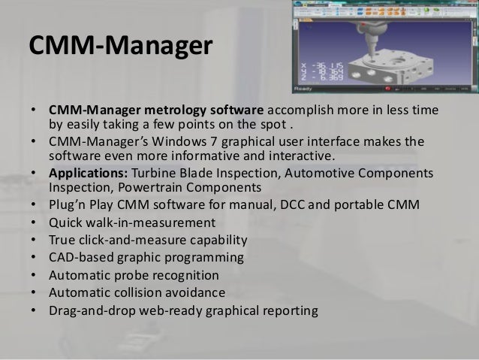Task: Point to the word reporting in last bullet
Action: pos(289,310)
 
